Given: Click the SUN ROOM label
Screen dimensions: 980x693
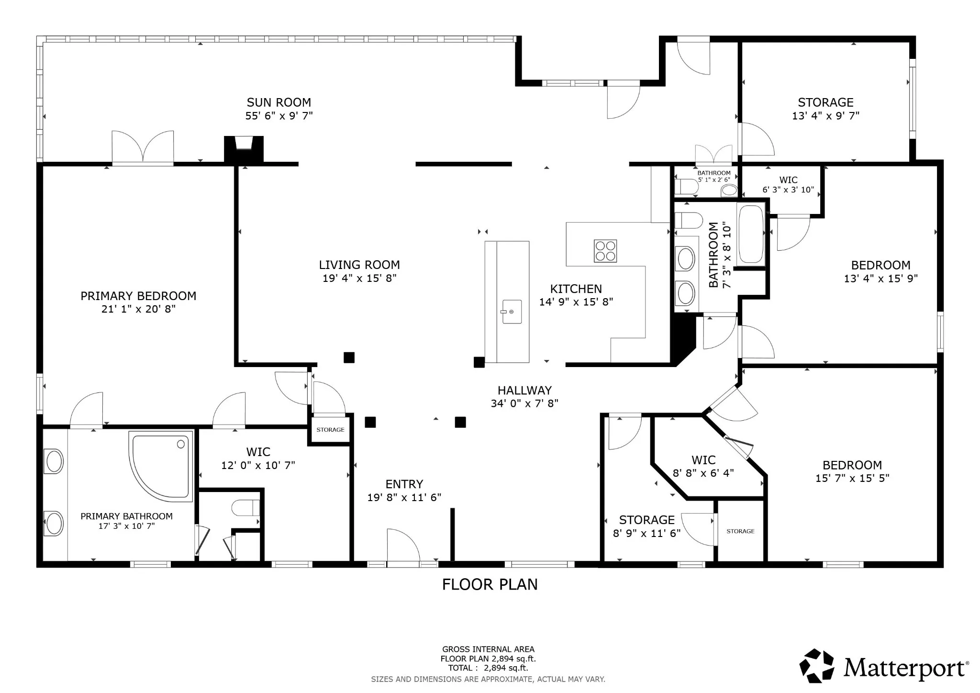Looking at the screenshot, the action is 279,102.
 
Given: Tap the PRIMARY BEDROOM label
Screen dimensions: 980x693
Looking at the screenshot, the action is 138,296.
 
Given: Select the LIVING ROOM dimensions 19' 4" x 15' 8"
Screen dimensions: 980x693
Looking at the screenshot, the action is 359,278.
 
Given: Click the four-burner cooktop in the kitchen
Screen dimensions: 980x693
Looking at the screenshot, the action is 605,251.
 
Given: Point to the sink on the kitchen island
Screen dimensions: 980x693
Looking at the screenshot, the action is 511,312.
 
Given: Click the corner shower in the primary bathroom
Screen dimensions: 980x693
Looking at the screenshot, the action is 161,466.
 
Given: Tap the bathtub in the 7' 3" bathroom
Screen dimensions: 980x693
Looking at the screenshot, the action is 751,234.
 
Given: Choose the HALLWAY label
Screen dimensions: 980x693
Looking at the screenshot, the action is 524,391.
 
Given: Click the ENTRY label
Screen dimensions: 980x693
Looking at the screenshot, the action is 404,484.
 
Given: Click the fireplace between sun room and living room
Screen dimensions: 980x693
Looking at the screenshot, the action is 244,149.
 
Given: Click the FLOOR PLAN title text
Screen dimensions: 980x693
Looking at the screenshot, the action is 490,584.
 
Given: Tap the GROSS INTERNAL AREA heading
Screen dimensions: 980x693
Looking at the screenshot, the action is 488,649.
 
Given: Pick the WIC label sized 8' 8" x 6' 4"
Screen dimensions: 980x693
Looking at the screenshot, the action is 703,460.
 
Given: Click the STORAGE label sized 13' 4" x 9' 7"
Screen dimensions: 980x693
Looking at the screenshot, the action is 825,102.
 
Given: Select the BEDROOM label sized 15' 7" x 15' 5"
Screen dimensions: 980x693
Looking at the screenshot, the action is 852,465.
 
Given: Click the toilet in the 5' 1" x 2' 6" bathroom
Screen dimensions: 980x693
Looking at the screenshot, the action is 686,186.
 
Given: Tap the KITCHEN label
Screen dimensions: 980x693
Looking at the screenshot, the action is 576,289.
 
